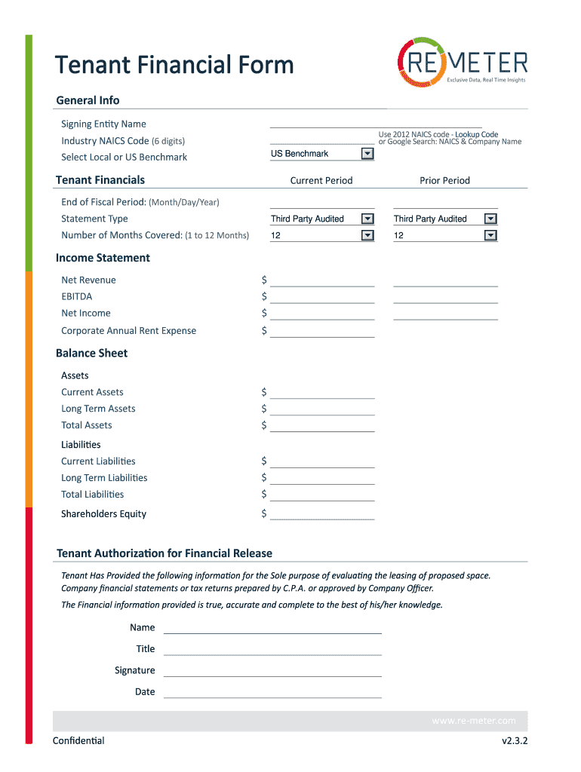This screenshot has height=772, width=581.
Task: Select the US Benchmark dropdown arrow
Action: click(367, 154)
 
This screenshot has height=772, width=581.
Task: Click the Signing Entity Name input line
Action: click(375, 124)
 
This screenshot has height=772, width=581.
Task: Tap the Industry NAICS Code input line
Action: click(322, 141)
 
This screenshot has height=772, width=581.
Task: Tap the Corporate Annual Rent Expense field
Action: click(322, 332)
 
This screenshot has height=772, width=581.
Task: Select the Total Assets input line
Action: click(322, 427)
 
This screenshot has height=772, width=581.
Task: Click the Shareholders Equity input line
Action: click(322, 515)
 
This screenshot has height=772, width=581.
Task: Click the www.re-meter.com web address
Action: click(473, 721)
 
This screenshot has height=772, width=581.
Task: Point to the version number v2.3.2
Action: click(515, 741)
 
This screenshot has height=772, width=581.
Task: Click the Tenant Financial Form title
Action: click(175, 65)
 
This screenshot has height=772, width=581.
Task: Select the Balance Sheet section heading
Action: click(92, 354)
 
